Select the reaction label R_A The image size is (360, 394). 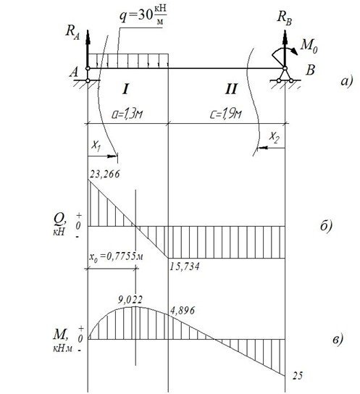(x=72, y=33)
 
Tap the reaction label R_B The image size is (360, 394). (x=285, y=18)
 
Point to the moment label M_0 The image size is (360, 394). (x=309, y=46)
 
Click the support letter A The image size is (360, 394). (x=74, y=72)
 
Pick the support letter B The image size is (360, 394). (x=310, y=70)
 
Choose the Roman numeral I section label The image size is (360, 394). (x=125, y=89)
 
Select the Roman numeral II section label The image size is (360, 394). (x=231, y=89)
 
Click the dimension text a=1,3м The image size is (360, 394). (x=127, y=114)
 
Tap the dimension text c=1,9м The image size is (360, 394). (x=226, y=114)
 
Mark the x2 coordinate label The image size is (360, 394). (x=274, y=137)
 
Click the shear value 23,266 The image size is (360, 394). (x=105, y=174)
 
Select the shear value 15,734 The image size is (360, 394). (x=185, y=266)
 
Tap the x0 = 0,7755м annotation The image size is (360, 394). (x=116, y=256)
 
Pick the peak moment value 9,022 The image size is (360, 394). (x=130, y=300)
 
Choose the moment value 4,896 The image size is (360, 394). (x=183, y=311)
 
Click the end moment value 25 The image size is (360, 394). (x=298, y=376)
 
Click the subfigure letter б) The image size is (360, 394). (x=326, y=225)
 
